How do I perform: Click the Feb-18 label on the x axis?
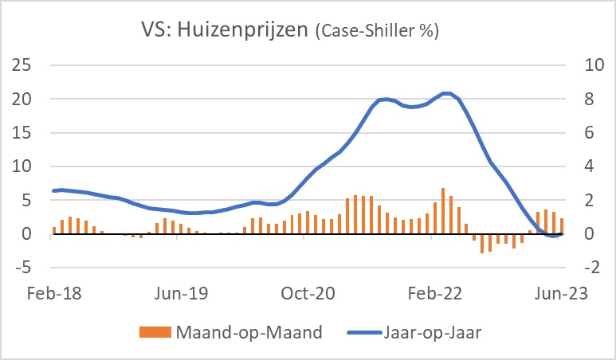(x=53, y=293)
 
